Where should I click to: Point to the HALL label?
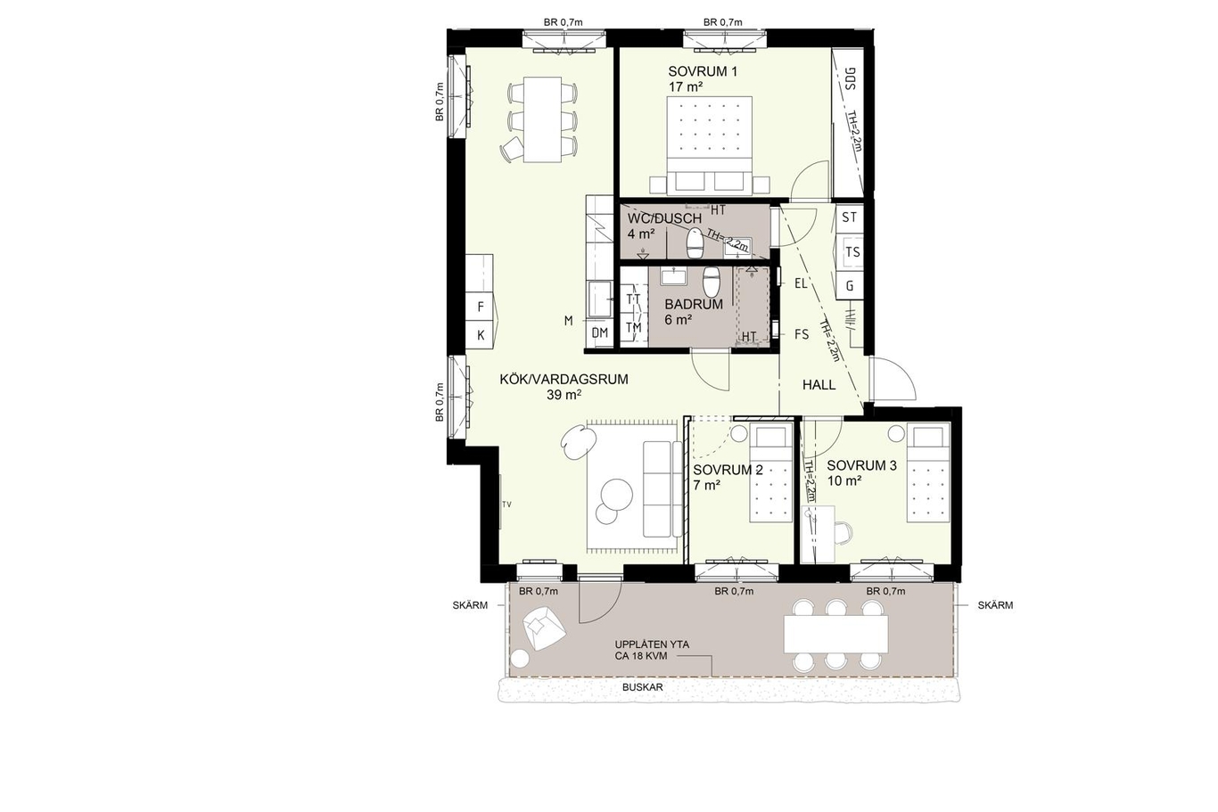click(819, 385)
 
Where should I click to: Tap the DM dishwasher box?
click(600, 332)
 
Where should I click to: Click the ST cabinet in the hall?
click(850, 217)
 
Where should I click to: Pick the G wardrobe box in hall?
click(850, 285)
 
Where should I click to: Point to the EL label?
click(801, 283)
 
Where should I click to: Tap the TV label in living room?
click(506, 504)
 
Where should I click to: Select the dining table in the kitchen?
click(161, 119)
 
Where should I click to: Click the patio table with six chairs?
click(835, 635)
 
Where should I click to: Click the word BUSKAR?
click(643, 687)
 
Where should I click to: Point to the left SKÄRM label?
click(470, 605)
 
